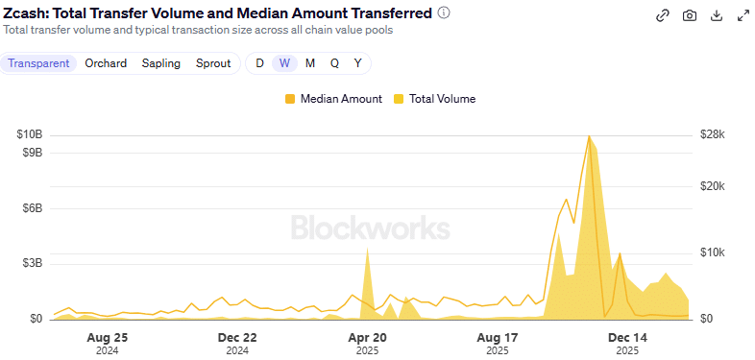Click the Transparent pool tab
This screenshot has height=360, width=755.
pyautogui.click(x=39, y=63)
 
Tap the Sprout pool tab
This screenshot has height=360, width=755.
pyautogui.click(x=213, y=63)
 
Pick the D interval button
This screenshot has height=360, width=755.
pyautogui.click(x=259, y=63)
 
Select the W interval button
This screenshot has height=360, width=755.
pyautogui.click(x=284, y=63)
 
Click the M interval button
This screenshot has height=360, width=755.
pyautogui.click(x=309, y=63)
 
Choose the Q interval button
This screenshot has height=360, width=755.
pyautogui.click(x=334, y=63)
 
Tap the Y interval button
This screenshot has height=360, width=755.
pyautogui.click(x=358, y=63)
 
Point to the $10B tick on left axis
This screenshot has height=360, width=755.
pyautogui.click(x=29, y=134)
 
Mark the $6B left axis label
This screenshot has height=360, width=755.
pyautogui.click(x=32, y=208)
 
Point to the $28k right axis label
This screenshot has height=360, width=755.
pyautogui.click(x=712, y=134)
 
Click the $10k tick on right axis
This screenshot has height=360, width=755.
pyautogui.click(x=712, y=252)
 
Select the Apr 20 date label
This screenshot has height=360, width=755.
pyautogui.click(x=367, y=338)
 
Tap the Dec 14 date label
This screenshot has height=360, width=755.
pyautogui.click(x=628, y=338)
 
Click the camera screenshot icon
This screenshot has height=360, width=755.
pyautogui.click(x=690, y=15)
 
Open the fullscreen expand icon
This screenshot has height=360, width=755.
pyautogui.click(x=743, y=15)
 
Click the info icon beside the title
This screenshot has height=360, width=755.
pyautogui.click(x=444, y=13)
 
